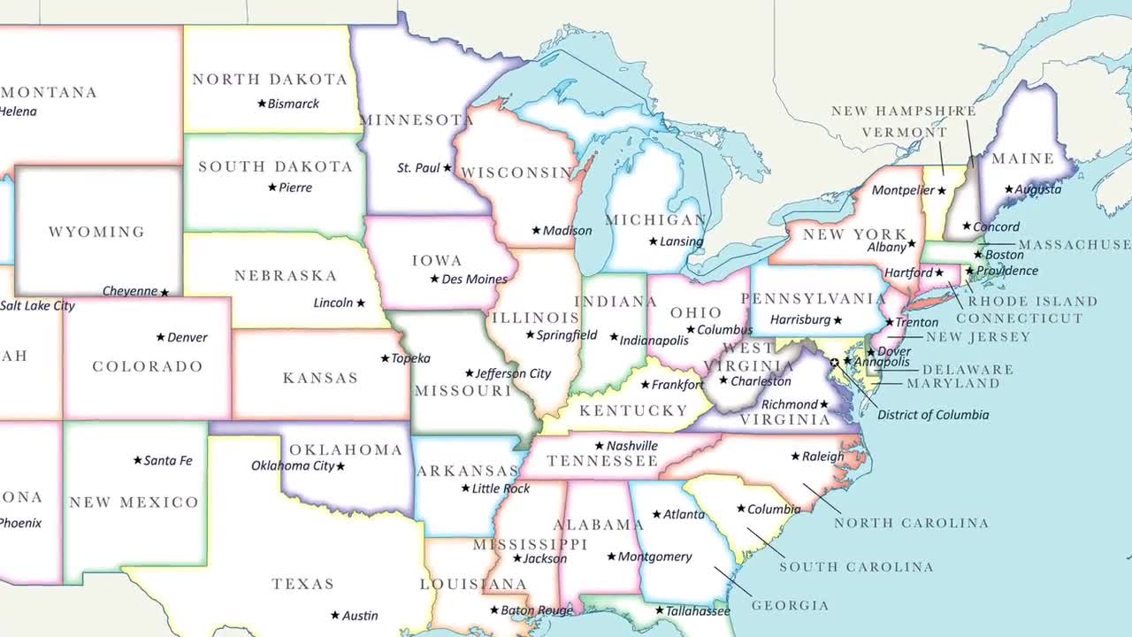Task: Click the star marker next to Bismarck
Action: click(262, 104)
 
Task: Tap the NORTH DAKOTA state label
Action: click(270, 80)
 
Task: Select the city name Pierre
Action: click(295, 188)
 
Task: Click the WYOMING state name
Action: click(96, 232)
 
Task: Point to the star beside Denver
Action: click(160, 337)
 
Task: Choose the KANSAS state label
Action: click(320, 378)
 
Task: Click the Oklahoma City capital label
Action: click(293, 465)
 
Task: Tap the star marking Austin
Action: click(335, 615)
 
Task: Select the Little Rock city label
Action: click(501, 488)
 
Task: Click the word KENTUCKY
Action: click(633, 411)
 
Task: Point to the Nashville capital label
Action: click(632, 446)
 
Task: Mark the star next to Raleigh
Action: click(795, 457)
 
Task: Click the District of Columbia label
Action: click(933, 415)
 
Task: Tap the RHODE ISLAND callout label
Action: click(1032, 302)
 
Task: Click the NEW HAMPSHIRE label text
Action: click(903, 111)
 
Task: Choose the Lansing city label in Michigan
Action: click(682, 242)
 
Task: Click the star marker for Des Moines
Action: click(434, 279)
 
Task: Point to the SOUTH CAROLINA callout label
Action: click(856, 567)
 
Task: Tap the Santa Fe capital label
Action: click(168, 461)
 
